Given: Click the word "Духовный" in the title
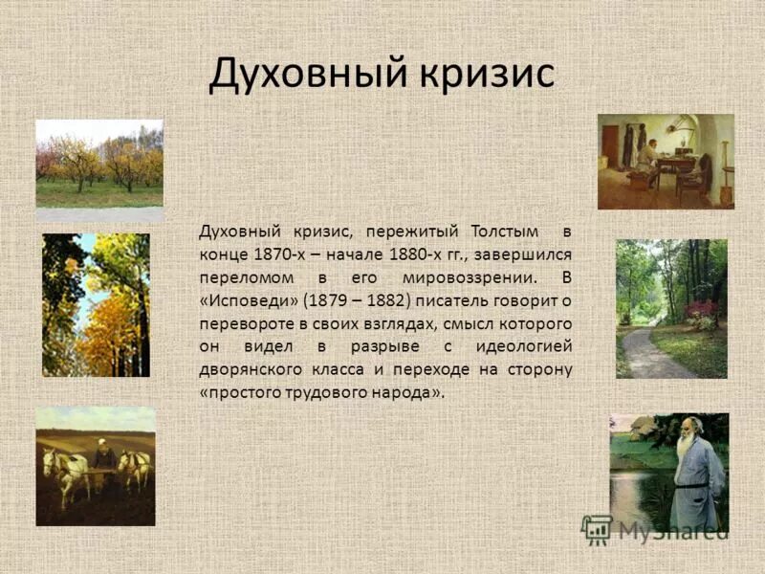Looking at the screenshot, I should click(293, 74).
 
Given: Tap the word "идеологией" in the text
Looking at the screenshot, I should click(527, 347).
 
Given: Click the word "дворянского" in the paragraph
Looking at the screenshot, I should click(250, 370).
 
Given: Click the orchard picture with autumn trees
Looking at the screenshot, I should click(99, 164).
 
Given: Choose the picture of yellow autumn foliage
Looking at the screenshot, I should click(96, 305).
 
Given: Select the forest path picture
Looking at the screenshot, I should click(670, 308).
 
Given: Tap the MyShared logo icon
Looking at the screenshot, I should click(598, 529).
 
